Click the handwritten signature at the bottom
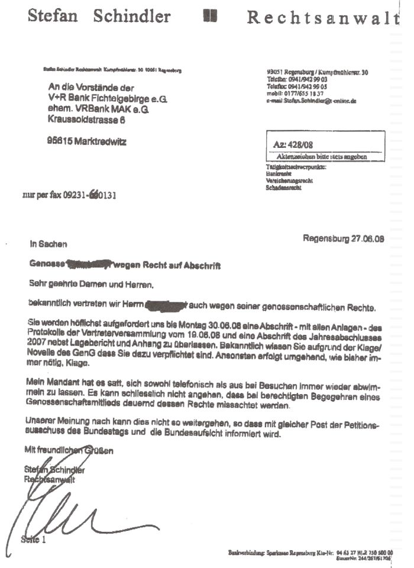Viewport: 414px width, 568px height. [x=65, y=515]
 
